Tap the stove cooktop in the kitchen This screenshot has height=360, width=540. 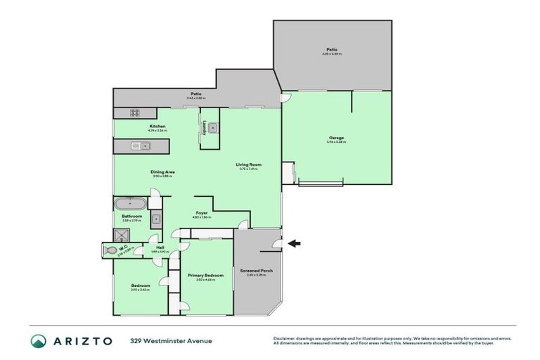tap(133, 113)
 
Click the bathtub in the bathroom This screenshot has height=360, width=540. tap(130, 204)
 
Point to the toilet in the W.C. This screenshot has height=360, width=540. tap(111, 249)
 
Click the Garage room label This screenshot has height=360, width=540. tap(337, 138)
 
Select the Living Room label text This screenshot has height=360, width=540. tap(250, 165)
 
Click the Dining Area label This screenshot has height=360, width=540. tap(162, 172)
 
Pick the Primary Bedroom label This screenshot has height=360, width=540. tap(205, 275)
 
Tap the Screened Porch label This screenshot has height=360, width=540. tap(256, 271)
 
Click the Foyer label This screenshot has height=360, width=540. tap(201, 212)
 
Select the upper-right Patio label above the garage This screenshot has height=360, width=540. tap(330, 50)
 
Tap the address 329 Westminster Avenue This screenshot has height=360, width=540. tap(171, 341)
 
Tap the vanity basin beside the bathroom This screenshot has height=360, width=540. tap(156, 218)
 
